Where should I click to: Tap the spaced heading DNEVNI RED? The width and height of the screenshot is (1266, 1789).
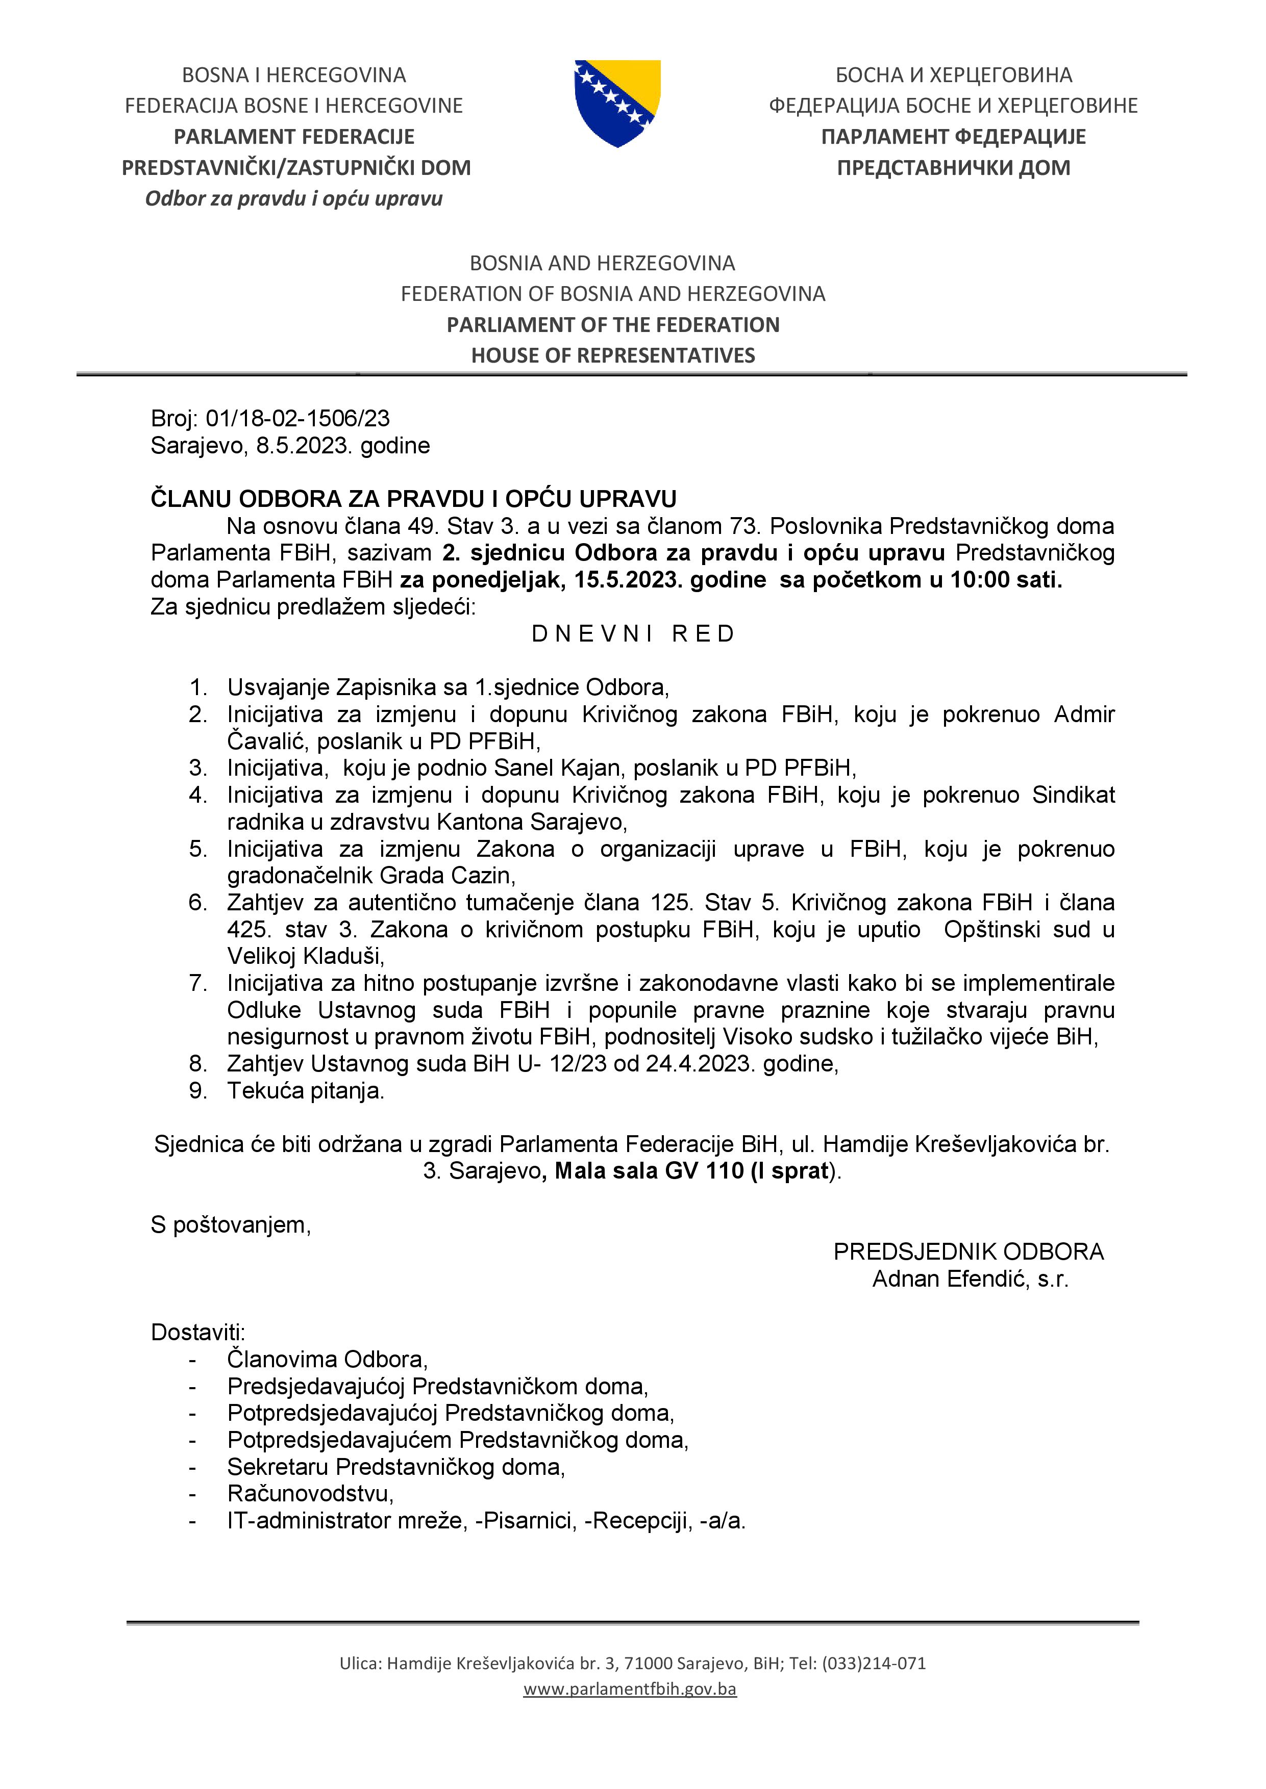tap(633, 634)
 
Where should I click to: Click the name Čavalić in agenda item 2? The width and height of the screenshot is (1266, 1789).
tap(265, 741)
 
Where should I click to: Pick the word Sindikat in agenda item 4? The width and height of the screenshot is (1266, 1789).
tap(1074, 795)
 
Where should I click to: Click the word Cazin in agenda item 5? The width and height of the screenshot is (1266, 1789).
tap(483, 876)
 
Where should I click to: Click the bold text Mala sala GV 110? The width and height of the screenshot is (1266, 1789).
tap(649, 1171)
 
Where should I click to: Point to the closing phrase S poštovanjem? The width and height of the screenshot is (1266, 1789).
tap(231, 1225)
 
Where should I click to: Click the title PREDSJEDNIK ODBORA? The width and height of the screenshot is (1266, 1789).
tap(968, 1251)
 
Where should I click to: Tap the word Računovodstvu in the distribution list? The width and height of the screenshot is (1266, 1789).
tap(310, 1494)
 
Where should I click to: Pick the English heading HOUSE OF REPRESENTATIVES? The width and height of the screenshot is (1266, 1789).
tap(613, 355)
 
